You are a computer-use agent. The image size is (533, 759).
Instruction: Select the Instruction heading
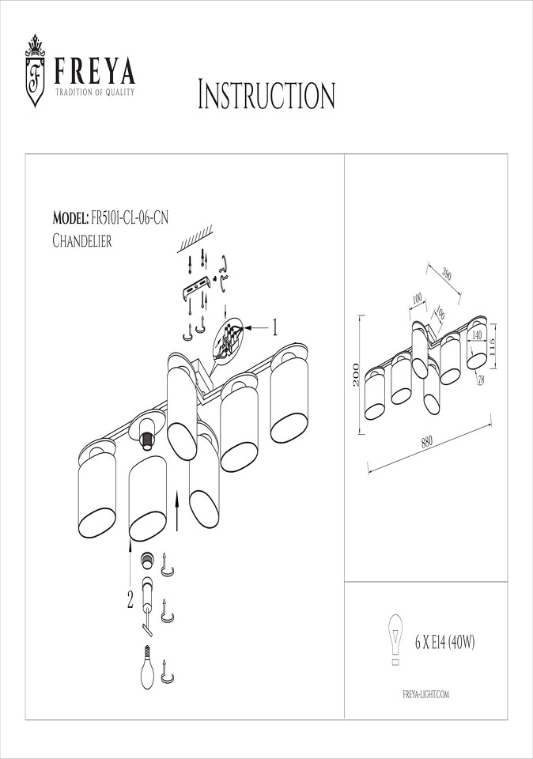pos(266,95)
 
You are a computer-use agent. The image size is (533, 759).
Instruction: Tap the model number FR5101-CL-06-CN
pos(129,218)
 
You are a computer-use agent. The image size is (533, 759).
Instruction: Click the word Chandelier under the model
pos(81,240)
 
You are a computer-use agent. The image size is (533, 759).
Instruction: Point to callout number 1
pos(275,327)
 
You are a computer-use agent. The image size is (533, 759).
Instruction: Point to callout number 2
pos(130,601)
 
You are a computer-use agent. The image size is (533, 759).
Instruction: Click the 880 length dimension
pos(426,441)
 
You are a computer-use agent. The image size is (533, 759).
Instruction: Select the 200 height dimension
pos(356,374)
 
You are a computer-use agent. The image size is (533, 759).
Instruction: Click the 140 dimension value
pos(476,335)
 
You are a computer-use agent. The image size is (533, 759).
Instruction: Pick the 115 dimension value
pos(493,347)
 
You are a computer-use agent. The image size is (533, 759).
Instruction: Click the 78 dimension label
pos(481,380)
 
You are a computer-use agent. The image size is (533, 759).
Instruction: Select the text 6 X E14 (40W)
pos(445,642)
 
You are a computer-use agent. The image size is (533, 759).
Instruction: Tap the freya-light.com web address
pos(426,695)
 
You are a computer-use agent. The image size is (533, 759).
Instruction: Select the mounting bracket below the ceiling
pos(198,288)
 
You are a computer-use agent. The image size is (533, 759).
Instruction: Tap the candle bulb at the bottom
pos(147,669)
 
